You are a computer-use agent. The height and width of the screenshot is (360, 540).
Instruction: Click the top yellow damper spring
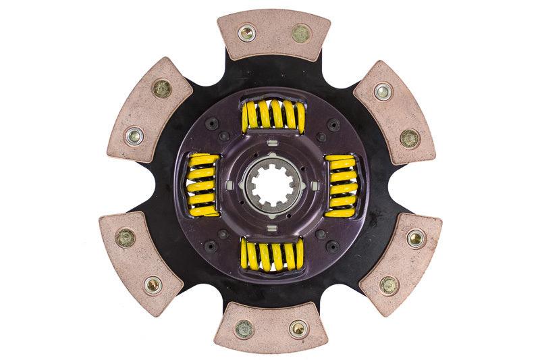[273, 115]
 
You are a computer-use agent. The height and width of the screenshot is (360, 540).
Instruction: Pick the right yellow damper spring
[342, 185]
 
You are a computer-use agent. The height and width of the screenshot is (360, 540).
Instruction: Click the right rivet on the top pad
[300, 32]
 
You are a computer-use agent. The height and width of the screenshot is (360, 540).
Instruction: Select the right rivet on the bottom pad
[298, 329]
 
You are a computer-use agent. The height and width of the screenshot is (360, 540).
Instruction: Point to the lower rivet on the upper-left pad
[134, 136]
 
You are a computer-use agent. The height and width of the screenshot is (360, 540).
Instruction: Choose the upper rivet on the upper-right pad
[383, 90]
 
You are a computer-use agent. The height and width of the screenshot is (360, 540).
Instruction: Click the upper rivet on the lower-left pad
[125, 236]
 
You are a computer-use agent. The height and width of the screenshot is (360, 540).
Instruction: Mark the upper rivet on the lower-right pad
[416, 238]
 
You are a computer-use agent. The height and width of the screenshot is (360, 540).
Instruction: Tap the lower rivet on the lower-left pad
[153, 284]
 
